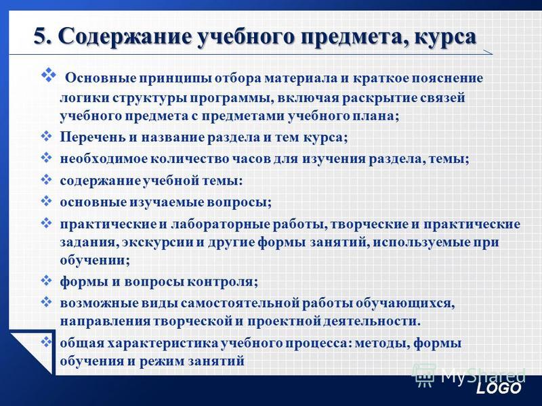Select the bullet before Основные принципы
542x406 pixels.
[x=49, y=75]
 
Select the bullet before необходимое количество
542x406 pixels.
[x=46, y=158]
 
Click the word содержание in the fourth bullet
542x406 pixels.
[x=100, y=181]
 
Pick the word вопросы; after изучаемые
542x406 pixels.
[x=239, y=202]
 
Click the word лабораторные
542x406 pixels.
[x=220, y=225]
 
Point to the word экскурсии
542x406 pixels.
[x=158, y=242]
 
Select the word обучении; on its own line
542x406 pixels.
[x=95, y=261]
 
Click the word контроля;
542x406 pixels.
[x=223, y=282]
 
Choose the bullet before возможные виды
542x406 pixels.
[x=46, y=302]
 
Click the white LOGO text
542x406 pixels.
[x=498, y=388]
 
